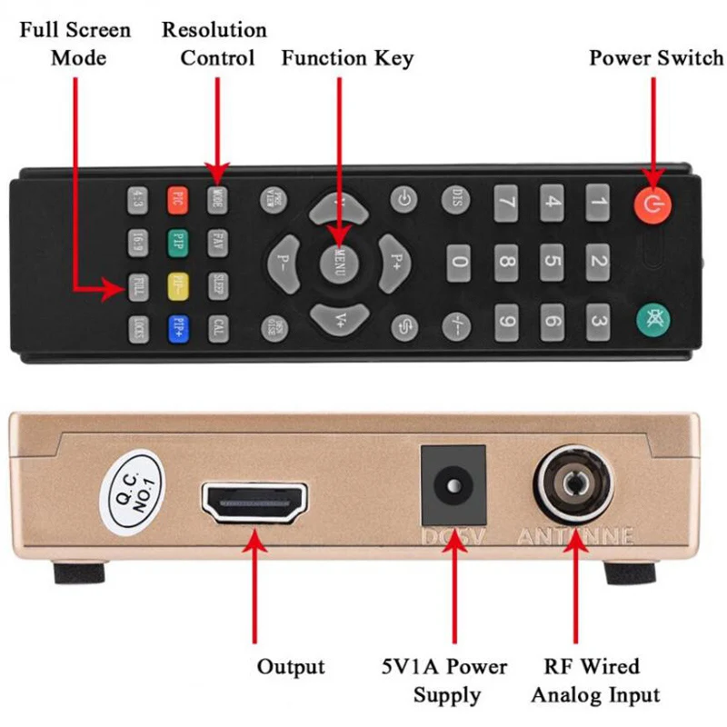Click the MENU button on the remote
(339, 263)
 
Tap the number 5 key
(552, 262)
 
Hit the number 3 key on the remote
(597, 320)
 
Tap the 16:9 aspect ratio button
(138, 242)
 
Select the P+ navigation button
(395, 262)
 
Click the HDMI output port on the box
(255, 501)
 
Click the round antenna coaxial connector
(573, 483)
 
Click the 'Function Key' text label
(347, 59)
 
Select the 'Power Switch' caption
(656, 59)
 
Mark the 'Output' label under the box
(291, 667)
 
